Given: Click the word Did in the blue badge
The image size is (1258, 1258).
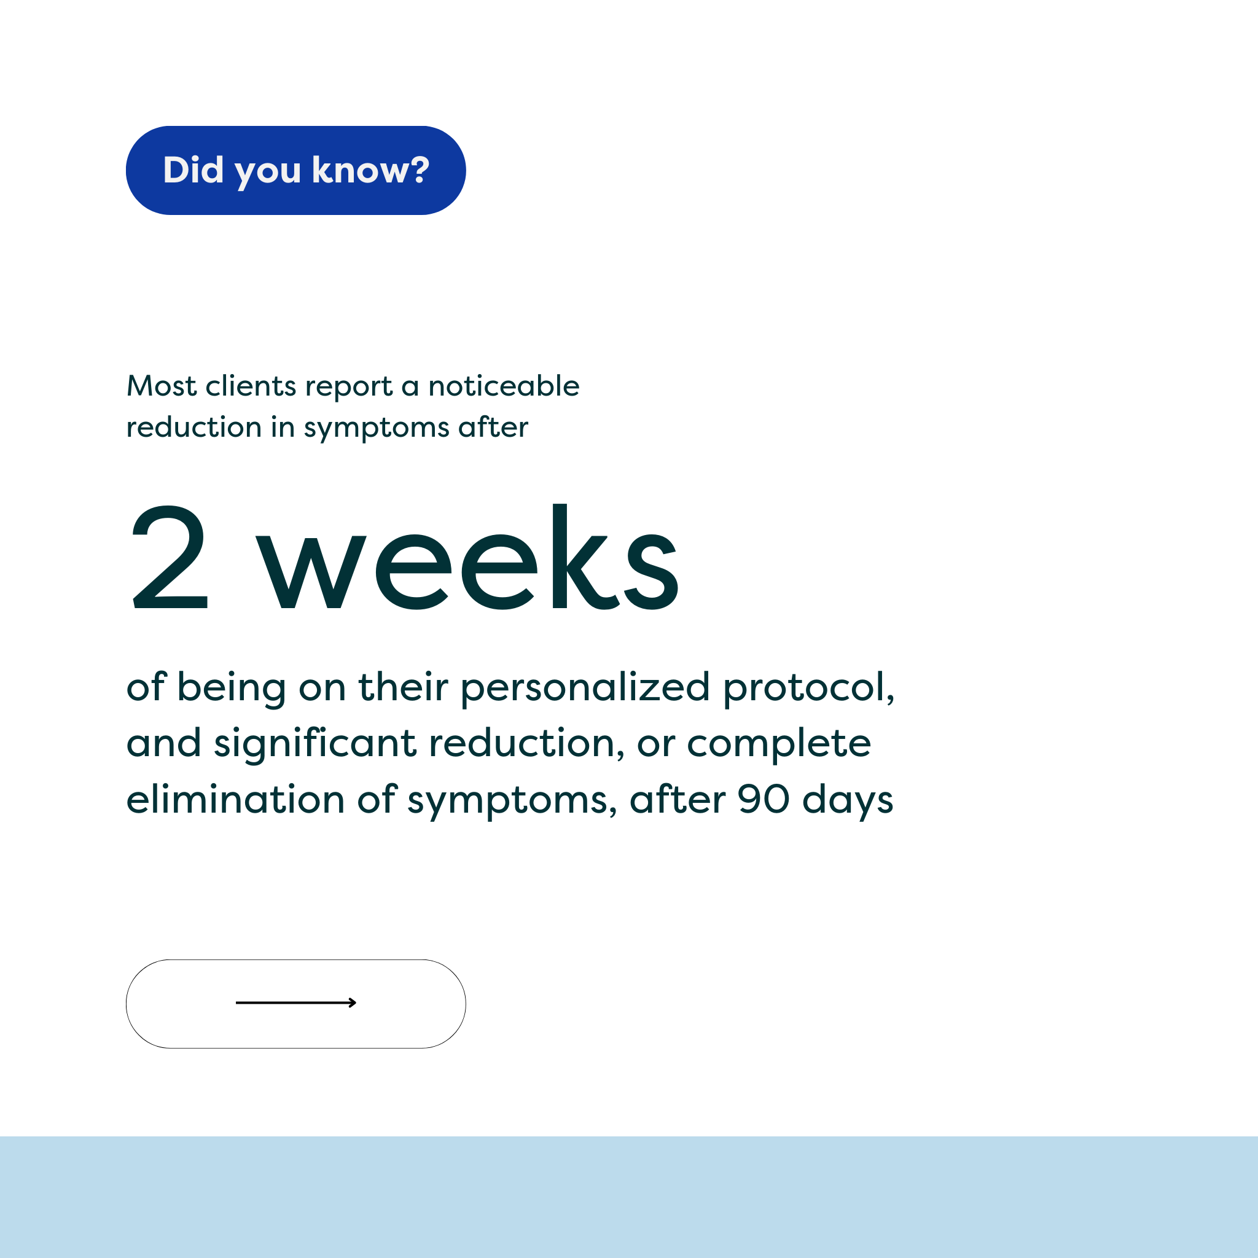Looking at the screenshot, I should [x=193, y=170].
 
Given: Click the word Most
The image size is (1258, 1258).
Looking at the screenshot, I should [x=161, y=386].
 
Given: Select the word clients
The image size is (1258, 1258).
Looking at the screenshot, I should [x=251, y=386].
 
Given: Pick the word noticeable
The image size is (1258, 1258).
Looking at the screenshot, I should [x=503, y=386].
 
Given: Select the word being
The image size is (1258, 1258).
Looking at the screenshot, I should [x=231, y=688].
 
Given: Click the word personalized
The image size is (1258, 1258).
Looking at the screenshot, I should [x=585, y=688].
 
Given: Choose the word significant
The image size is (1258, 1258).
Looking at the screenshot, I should [x=314, y=744].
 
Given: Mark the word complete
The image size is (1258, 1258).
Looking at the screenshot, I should [x=779, y=744].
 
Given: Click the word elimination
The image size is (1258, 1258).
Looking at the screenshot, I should [x=235, y=800].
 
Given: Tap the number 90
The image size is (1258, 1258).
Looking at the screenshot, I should [x=763, y=800].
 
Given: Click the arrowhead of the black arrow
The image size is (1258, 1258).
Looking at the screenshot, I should [x=354, y=1002].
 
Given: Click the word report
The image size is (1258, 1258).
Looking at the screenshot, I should [x=348, y=387].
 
